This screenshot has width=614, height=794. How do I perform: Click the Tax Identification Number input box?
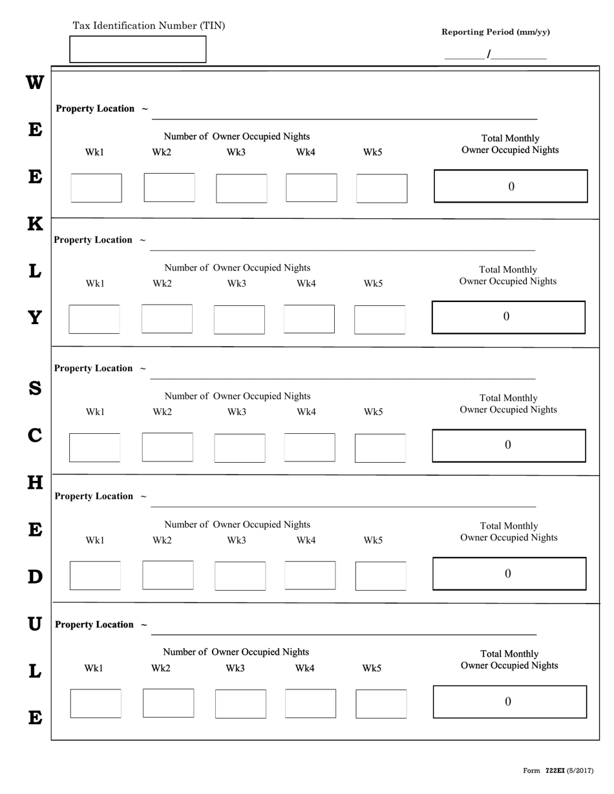[138, 49]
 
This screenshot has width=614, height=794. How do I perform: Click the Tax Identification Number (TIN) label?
[149, 26]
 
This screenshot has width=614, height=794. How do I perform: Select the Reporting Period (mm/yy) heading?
[496, 32]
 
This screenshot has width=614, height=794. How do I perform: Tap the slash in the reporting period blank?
[489, 55]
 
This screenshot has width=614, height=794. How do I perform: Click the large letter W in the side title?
[35, 83]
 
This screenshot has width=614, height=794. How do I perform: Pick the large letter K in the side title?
[35, 224]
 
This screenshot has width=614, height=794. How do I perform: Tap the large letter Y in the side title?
[35, 318]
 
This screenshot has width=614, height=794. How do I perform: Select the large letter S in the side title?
[35, 389]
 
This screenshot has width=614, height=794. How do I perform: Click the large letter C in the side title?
[35, 436]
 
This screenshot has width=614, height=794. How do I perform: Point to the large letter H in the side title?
[35, 482]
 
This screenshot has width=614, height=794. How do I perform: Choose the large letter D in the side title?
[35, 576]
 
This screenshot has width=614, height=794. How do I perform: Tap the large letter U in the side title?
[35, 624]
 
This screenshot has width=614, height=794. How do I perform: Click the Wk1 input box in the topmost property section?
[96, 188]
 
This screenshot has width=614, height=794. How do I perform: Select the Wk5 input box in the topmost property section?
[382, 188]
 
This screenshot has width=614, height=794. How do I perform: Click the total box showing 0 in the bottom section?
[509, 702]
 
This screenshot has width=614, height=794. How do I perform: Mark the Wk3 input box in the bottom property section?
[240, 704]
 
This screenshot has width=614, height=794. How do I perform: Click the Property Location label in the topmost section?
[96, 108]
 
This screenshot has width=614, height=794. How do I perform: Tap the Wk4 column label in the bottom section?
[304, 668]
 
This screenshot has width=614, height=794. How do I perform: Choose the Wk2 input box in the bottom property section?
[168, 703]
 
